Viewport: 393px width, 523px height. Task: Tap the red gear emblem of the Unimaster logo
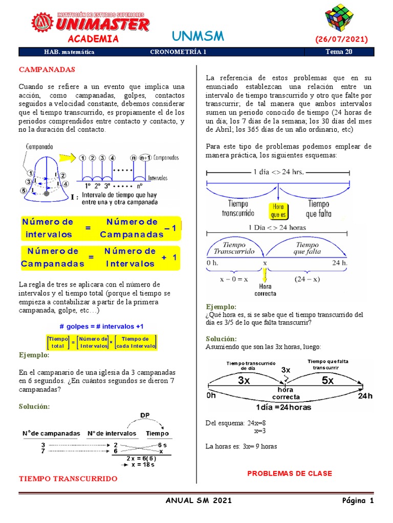tap(42, 22)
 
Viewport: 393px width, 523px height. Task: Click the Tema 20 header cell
tap(339, 52)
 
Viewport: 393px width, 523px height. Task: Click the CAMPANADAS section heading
tap(47, 69)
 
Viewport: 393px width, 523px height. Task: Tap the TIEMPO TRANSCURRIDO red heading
tap(68, 479)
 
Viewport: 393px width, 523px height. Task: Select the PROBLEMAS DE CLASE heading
tap(290, 473)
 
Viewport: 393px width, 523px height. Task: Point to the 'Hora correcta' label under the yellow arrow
tap(265, 290)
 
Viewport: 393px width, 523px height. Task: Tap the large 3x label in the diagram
tap(244, 381)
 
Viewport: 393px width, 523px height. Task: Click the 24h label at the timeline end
tap(365, 396)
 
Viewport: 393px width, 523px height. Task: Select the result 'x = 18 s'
tap(144, 464)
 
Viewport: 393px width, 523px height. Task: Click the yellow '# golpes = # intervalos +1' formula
tap(101, 326)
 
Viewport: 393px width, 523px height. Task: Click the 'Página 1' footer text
tap(358, 501)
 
